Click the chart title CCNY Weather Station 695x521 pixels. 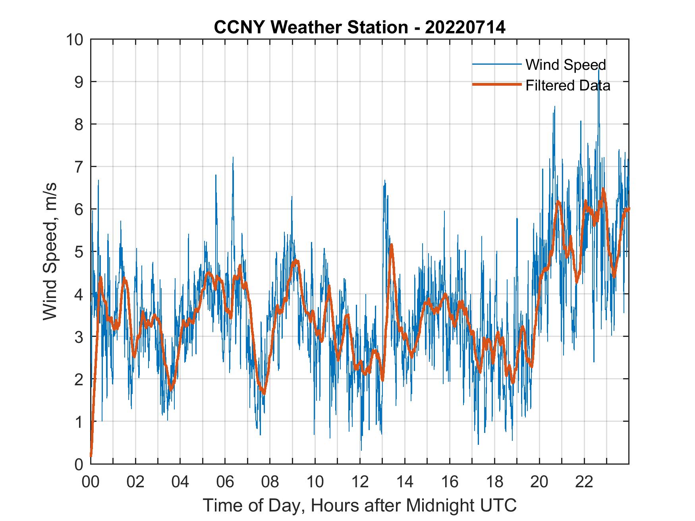click(x=311, y=27)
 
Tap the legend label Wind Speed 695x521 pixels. click(x=566, y=65)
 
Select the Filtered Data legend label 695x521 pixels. click(x=568, y=85)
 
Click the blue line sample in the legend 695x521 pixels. click(x=496, y=64)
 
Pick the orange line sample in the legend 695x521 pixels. click(x=496, y=85)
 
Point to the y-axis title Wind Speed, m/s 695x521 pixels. click(x=50, y=251)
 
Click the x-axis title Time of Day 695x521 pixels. click(x=360, y=505)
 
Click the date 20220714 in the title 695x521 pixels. click(x=465, y=27)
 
